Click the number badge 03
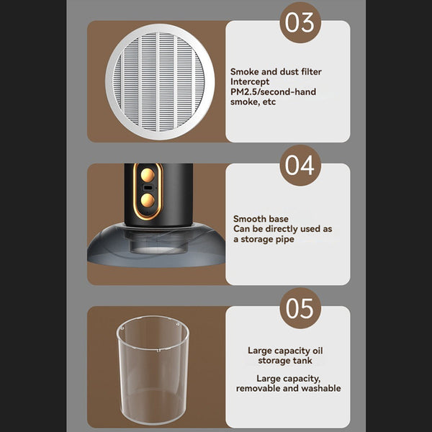[x=300, y=22]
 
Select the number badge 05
[x=300, y=309]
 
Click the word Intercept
[x=250, y=81]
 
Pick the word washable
[x=321, y=388]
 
